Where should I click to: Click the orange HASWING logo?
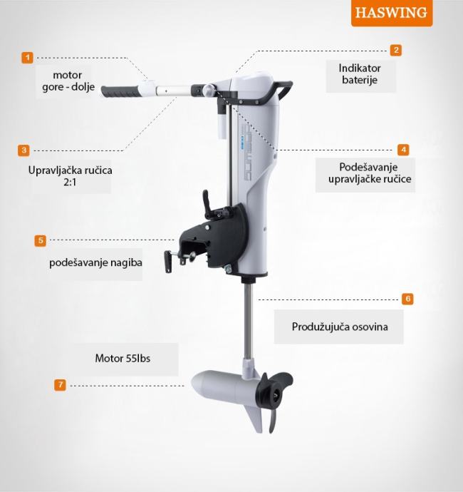(392, 13)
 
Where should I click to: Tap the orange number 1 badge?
(27, 58)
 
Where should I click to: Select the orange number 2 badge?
(396, 50)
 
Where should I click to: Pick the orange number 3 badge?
(24, 150)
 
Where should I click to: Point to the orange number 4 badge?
(403, 150)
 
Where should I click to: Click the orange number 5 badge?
(41, 241)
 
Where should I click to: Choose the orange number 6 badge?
(407, 299)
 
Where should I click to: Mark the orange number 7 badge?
(60, 385)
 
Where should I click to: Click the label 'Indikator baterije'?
(360, 74)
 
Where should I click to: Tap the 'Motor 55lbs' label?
(123, 359)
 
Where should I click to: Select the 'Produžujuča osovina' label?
(340, 327)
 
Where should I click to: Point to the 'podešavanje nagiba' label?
(95, 262)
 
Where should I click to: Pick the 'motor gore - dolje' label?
(68, 81)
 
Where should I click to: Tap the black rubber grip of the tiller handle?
(120, 91)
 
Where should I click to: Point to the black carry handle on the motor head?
(279, 91)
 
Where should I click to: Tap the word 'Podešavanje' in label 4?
(368, 168)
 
